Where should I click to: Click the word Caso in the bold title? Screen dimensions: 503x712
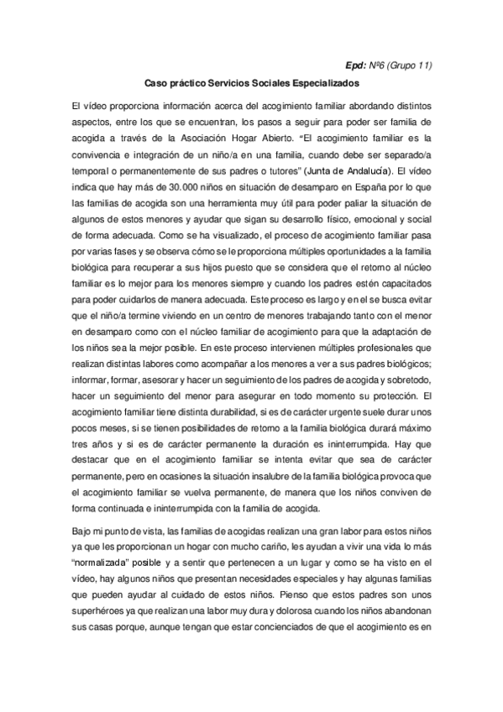(x=157, y=85)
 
